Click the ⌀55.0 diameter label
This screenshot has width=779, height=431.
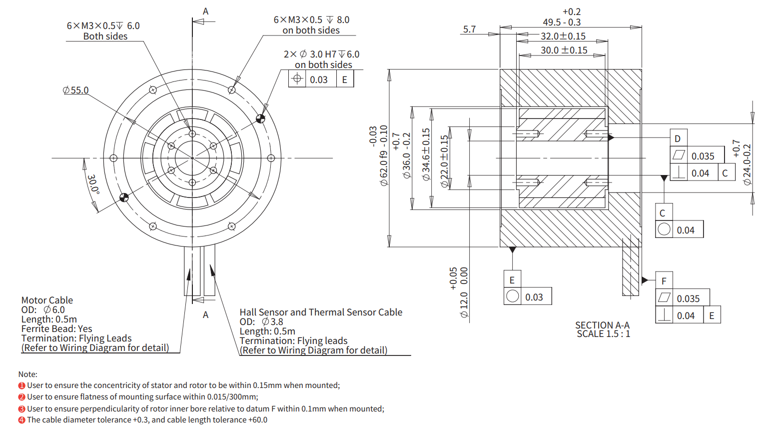click(x=76, y=90)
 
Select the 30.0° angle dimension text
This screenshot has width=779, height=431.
click(x=93, y=184)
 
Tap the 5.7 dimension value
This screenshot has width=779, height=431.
click(x=469, y=29)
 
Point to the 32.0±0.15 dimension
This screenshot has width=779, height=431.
click(x=563, y=36)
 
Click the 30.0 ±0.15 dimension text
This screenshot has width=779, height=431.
click(x=564, y=50)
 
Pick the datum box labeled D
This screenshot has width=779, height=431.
click(x=678, y=138)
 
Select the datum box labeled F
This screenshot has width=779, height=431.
click(x=664, y=281)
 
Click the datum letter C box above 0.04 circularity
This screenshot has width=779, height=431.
click(x=663, y=213)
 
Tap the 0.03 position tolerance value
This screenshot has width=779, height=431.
click(x=318, y=79)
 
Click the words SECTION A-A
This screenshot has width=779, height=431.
click(x=602, y=325)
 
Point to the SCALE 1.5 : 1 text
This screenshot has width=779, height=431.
click(x=603, y=334)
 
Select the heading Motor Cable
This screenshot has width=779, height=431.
click(x=47, y=300)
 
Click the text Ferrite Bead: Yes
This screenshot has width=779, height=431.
click(x=56, y=328)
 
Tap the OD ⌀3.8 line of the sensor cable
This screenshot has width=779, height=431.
click(x=261, y=321)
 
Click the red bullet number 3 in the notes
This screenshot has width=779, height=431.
click(x=22, y=409)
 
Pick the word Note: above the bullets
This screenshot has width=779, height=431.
click(x=27, y=374)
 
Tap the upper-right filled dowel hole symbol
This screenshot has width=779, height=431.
click(x=260, y=118)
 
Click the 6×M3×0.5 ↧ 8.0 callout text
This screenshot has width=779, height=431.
click(x=311, y=19)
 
